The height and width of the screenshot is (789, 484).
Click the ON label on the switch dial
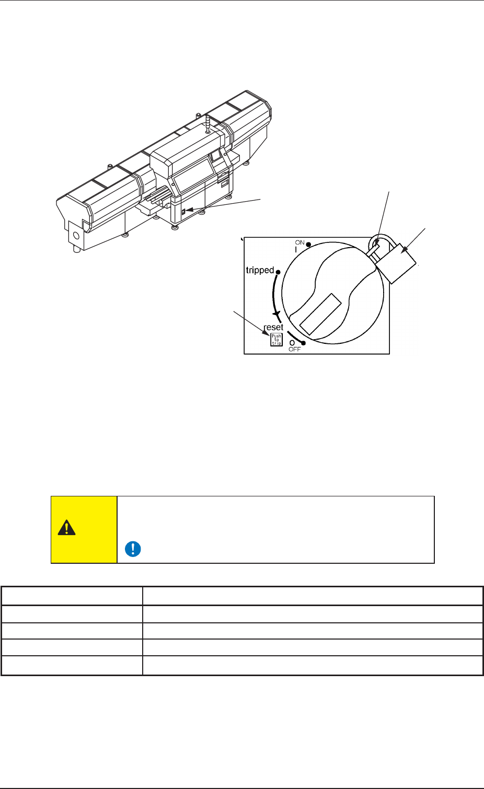[300, 242]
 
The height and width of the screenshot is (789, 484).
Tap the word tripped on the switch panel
[260, 270]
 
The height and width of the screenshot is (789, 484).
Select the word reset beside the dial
[274, 327]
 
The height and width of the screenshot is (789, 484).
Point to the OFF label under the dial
[294, 350]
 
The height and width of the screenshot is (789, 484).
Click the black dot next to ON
[308, 245]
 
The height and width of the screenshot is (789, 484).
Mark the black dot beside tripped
[278, 272]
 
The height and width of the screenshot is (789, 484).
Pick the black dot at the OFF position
[303, 343]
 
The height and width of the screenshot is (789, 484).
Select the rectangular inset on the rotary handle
[320, 314]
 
